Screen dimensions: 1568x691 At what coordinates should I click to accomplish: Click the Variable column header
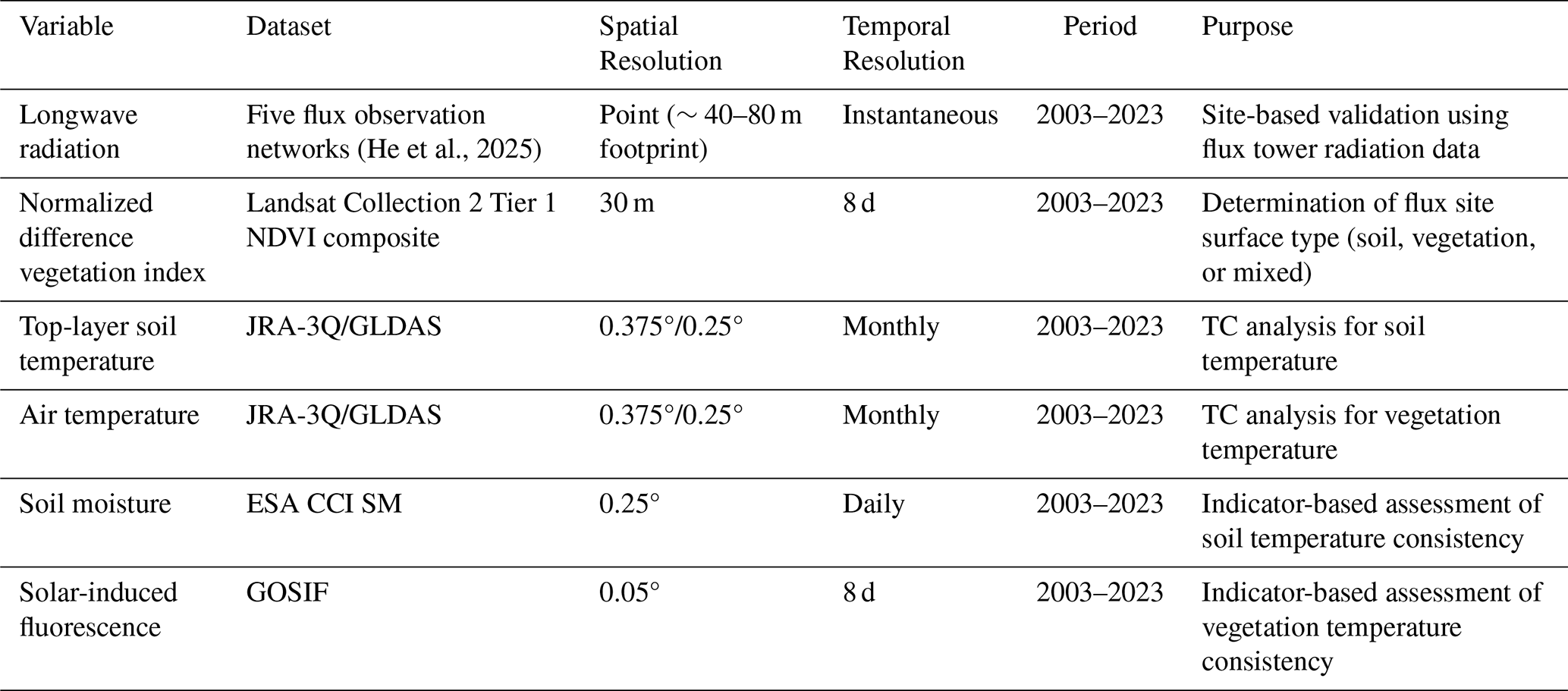coord(66,27)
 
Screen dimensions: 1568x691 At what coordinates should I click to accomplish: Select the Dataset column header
coord(288,27)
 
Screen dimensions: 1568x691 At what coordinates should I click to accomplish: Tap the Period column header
coord(1099,27)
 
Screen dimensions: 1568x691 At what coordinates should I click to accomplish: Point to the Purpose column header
coord(1247,27)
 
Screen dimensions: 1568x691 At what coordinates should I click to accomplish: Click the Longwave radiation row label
coord(79,132)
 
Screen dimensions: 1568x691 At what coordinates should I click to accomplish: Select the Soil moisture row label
coord(96,504)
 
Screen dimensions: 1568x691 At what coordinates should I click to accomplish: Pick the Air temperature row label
coord(109,416)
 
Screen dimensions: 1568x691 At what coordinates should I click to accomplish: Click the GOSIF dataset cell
coord(288,592)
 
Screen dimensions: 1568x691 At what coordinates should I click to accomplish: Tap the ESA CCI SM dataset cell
coord(324,504)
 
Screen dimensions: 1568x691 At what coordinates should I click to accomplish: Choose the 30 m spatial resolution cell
coord(627,203)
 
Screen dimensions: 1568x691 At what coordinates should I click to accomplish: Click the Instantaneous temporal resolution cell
coord(920,115)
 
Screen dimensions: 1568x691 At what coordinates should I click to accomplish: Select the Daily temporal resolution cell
coord(873,504)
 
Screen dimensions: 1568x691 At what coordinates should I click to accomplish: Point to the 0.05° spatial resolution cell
coord(630,592)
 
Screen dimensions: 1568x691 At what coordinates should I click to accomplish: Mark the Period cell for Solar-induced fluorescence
coord(1099,592)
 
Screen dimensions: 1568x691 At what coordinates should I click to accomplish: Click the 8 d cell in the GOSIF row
coord(859,592)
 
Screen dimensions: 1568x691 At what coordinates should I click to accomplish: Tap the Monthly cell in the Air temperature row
coord(891,416)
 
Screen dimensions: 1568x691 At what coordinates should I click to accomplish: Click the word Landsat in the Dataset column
coord(291,203)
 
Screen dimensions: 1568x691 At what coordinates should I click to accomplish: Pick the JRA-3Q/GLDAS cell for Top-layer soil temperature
coord(344,327)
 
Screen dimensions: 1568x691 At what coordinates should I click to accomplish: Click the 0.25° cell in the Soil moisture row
coord(630,504)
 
